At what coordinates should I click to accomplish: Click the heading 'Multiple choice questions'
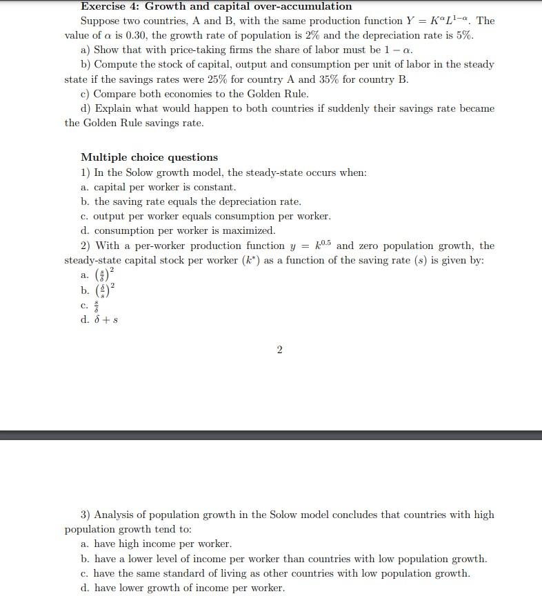(149, 157)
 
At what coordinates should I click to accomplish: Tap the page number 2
(279, 350)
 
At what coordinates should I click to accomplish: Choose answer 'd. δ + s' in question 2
(99, 319)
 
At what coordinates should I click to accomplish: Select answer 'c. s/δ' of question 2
(91, 304)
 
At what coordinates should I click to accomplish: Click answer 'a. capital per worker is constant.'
(158, 187)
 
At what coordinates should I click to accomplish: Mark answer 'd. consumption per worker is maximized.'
(177, 230)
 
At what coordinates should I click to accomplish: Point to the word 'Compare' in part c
(114, 94)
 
